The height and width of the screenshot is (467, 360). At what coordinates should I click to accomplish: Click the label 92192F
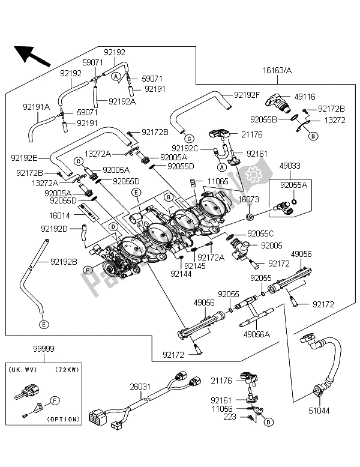click(248, 94)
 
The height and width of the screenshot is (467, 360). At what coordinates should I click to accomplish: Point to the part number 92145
click(196, 265)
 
